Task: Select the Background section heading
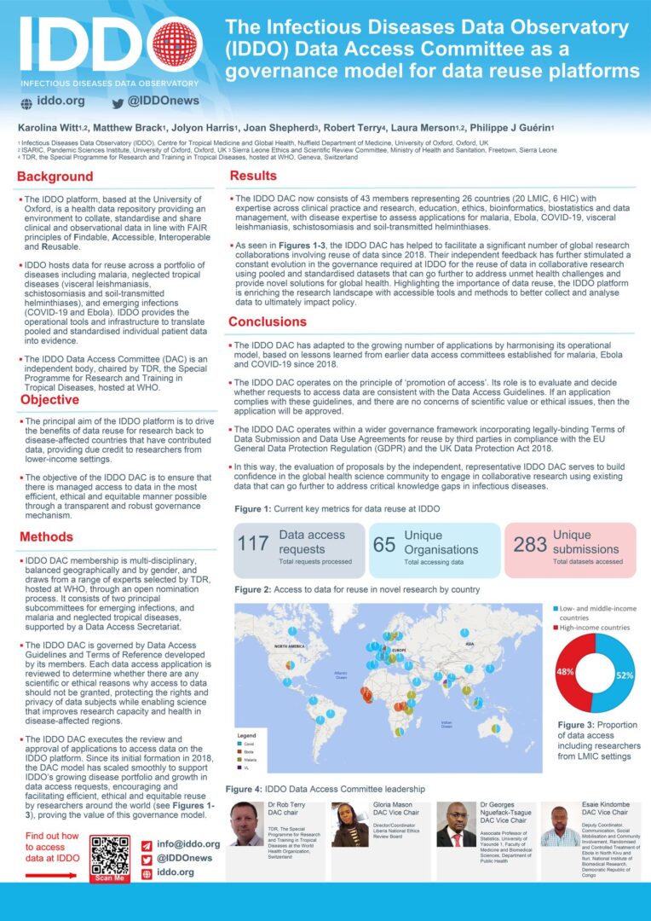55,177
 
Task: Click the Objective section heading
50,400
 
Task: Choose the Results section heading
253,176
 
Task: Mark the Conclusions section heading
268,322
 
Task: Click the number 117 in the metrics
254,543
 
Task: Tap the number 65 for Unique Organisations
384,544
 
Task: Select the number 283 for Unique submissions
530,544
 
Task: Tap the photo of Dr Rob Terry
247,824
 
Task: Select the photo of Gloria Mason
350,825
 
